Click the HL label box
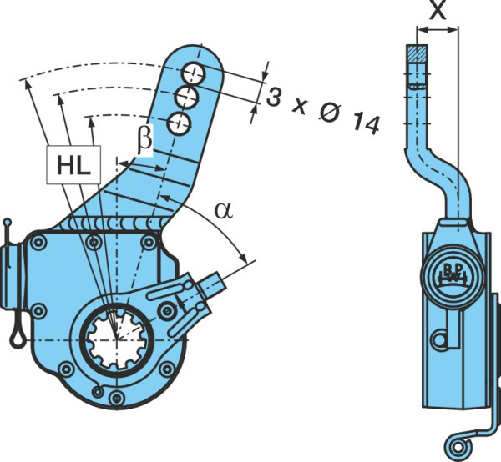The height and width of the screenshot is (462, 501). pyautogui.click(x=73, y=164)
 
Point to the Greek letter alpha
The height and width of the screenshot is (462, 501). pyautogui.click(x=224, y=211)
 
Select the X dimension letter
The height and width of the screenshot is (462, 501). pyautogui.click(x=438, y=11)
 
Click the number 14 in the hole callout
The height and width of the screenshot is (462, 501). pyautogui.click(x=367, y=123)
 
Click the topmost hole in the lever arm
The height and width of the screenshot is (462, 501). pyautogui.click(x=194, y=74)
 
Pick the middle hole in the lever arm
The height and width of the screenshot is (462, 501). pyautogui.click(x=186, y=97)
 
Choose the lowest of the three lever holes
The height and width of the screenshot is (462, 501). pyautogui.click(x=179, y=123)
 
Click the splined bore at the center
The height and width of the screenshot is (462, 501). pyautogui.click(x=117, y=339)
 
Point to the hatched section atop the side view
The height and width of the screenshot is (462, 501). pyautogui.click(x=417, y=53)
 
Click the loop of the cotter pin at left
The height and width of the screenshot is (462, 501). pyautogui.click(x=18, y=334)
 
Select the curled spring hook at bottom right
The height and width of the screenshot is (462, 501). pyautogui.click(x=458, y=446)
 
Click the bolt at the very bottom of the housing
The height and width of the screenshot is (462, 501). pyautogui.click(x=116, y=398)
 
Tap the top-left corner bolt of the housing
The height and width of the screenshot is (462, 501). pyautogui.click(x=38, y=243)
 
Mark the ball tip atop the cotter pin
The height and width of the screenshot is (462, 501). pyautogui.click(x=7, y=223)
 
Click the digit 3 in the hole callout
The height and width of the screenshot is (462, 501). pyautogui.click(x=274, y=97)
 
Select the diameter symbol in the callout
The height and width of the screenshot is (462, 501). pyautogui.click(x=329, y=113)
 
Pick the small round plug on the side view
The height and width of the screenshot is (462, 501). pyautogui.click(x=440, y=340)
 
